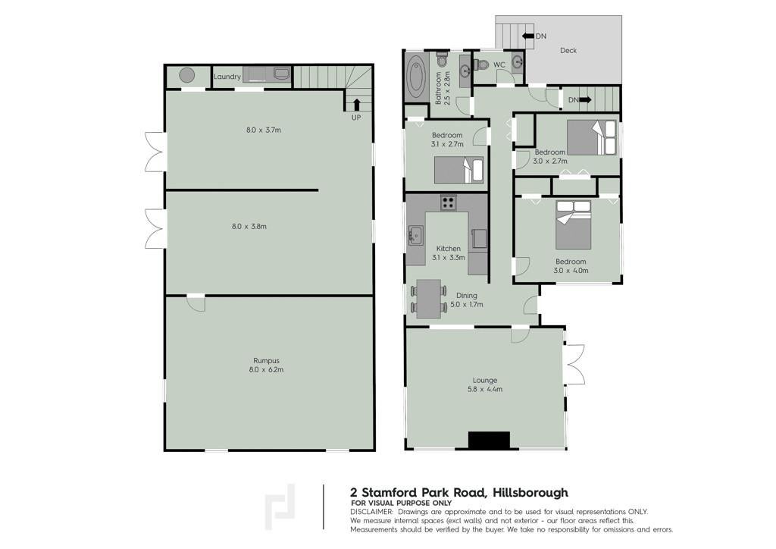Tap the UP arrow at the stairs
pos(356,105)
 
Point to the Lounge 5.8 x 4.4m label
pos(485,384)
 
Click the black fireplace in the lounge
pos(489,440)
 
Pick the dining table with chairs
pos(429,299)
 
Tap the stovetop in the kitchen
pos(449,202)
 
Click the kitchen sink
pos(415,235)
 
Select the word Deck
pos(568,51)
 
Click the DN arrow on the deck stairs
pos(527,36)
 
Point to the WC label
pos(499,65)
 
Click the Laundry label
pos(227,77)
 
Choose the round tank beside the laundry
pos(186,76)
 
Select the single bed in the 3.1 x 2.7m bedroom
pos(458,171)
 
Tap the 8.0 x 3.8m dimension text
pos(249,227)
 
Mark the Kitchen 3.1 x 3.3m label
pos(449,253)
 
